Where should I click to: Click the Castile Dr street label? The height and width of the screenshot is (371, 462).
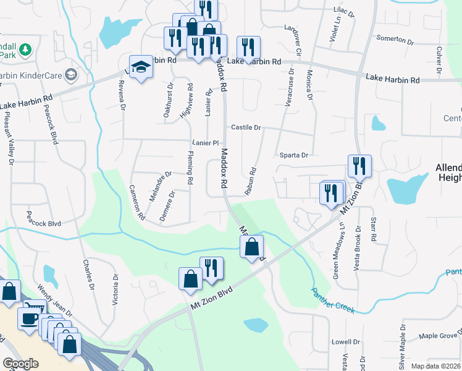tap(246, 127)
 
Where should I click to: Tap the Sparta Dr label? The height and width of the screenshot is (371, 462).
tap(293, 156)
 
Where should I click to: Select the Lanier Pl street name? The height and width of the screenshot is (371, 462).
tap(206, 143)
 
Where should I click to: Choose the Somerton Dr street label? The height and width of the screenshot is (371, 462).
tap(395, 39)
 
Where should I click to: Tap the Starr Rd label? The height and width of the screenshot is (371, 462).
tap(373, 229)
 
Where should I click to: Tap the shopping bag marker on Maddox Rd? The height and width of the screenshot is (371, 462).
tap(251, 247)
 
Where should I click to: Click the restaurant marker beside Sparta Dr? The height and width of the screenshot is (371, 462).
tap(358, 166)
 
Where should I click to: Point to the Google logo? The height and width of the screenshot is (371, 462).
tap(21, 364)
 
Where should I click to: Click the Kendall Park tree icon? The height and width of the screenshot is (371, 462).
tap(25, 48)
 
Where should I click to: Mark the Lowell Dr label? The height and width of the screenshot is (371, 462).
tap(345, 342)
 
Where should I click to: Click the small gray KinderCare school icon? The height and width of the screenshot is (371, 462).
tap(72, 75)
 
